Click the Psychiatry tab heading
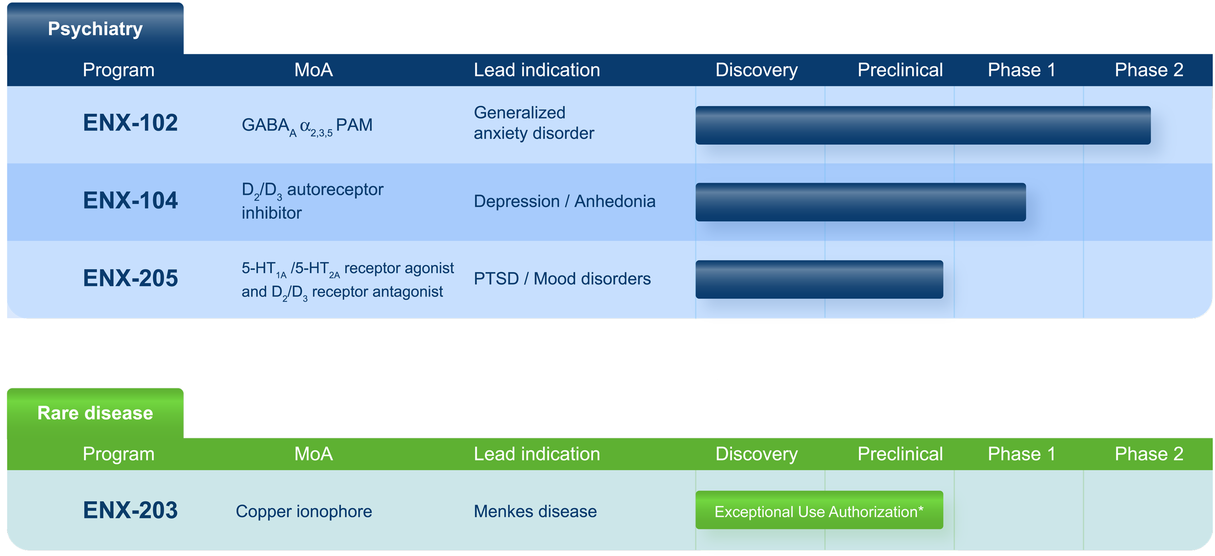[x=95, y=29]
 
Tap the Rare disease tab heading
[x=95, y=413]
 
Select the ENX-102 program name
[x=130, y=122]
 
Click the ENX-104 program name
[x=130, y=200]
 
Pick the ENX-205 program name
[x=130, y=278]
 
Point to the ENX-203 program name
[x=130, y=510]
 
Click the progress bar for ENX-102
[x=923, y=125]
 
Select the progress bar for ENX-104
[x=861, y=202]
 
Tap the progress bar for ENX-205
[x=819, y=279]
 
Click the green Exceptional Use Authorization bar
[x=819, y=510]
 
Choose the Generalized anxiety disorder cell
[x=534, y=122]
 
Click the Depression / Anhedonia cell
[x=564, y=201]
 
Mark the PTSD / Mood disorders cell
[x=562, y=278]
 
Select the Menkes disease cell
[x=535, y=511]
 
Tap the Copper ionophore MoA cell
[x=304, y=511]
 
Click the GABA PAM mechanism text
[x=307, y=126]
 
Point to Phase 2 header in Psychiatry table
[x=1149, y=70]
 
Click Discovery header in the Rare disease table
[x=757, y=454]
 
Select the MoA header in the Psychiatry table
[x=313, y=70]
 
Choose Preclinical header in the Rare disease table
[x=900, y=454]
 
